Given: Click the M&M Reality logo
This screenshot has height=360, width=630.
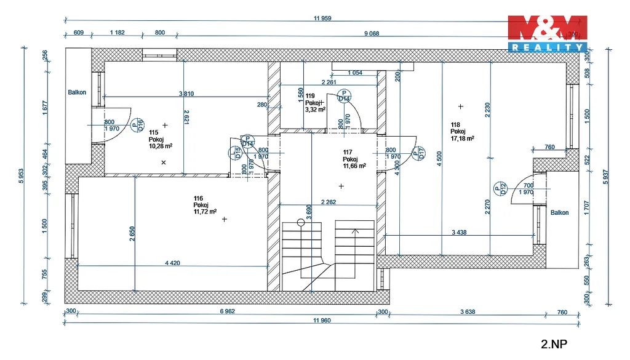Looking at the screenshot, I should point(546,33).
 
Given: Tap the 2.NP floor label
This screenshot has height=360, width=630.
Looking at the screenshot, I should point(554,344).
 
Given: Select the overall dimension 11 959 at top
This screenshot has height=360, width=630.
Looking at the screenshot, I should point(322,18).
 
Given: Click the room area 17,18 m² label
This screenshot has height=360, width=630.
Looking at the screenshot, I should point(461,138).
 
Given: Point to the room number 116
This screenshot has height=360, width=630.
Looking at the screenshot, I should point(198,198).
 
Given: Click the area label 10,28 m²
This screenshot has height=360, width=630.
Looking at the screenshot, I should point(161,146).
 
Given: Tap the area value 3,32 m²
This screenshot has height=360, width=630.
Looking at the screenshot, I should point(316,110).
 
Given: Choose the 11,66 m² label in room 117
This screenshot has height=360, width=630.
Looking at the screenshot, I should point(354,166).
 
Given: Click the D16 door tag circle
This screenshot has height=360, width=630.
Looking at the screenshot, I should point(137,126).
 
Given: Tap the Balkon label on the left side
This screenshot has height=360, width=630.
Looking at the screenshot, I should point(77,93).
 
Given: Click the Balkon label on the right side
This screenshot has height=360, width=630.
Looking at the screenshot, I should point(559,213).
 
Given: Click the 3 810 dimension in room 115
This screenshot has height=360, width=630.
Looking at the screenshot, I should point(186,94).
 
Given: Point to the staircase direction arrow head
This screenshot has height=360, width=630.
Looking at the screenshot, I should point(354,232).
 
